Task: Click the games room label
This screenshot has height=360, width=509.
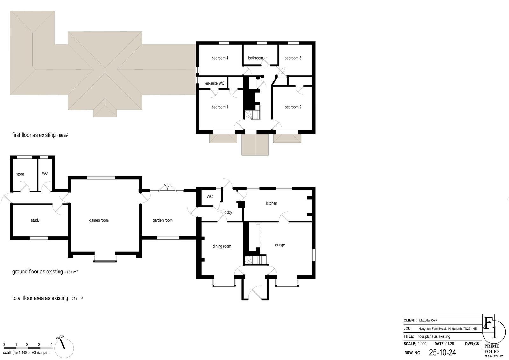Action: (99, 220)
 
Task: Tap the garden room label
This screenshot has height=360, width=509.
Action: (163, 220)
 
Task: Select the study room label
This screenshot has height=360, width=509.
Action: (35, 220)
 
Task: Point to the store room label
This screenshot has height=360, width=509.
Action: (20, 174)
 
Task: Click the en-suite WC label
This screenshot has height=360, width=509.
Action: (214, 83)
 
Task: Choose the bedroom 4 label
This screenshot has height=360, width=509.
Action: (220, 58)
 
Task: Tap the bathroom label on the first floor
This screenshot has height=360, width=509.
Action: (255, 58)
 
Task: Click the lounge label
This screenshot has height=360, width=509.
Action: (280, 245)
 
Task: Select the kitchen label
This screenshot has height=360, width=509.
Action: (272, 203)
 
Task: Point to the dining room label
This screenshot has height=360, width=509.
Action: (222, 246)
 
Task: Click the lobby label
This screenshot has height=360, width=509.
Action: (228, 212)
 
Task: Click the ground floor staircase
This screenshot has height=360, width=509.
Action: (255, 260)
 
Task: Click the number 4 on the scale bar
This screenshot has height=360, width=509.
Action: (51, 344)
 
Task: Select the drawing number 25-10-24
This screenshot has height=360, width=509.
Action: (443, 352)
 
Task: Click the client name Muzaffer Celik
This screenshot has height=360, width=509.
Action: (428, 321)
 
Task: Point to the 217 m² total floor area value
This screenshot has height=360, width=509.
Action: (77, 298)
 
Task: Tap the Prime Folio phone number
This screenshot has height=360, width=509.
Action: (493, 356)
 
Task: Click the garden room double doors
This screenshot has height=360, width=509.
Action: (167, 188)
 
